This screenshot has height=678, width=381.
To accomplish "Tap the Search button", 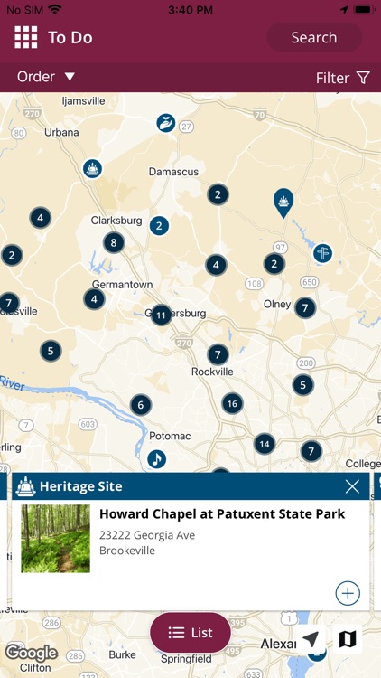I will click(313, 38).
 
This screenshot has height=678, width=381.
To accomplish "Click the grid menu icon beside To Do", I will click(25, 38).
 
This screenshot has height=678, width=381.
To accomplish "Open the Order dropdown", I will click(46, 77).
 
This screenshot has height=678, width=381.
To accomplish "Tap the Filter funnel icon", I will click(363, 78).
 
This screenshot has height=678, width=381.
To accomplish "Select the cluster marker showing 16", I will click(232, 403).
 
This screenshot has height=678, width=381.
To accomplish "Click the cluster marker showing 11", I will click(162, 315).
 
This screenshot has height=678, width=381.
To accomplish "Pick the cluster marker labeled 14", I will click(264, 443).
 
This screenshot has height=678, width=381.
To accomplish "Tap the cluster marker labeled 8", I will click(113, 242).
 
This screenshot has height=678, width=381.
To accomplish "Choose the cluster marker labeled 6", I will click(140, 404).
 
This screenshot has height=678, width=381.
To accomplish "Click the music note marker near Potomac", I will click(156, 459).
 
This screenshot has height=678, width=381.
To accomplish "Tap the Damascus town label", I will click(174, 171).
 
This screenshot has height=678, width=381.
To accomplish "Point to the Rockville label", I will click(212, 372).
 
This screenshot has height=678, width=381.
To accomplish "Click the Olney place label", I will click(277, 304).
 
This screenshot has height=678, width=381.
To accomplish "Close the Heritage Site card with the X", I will click(352, 486).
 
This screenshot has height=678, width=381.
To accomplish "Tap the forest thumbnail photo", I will click(55, 539).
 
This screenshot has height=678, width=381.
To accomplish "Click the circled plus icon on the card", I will click(348, 593).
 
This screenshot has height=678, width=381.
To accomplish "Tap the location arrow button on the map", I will click(311, 639).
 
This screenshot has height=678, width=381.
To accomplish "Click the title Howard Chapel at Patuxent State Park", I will click(221, 514).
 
